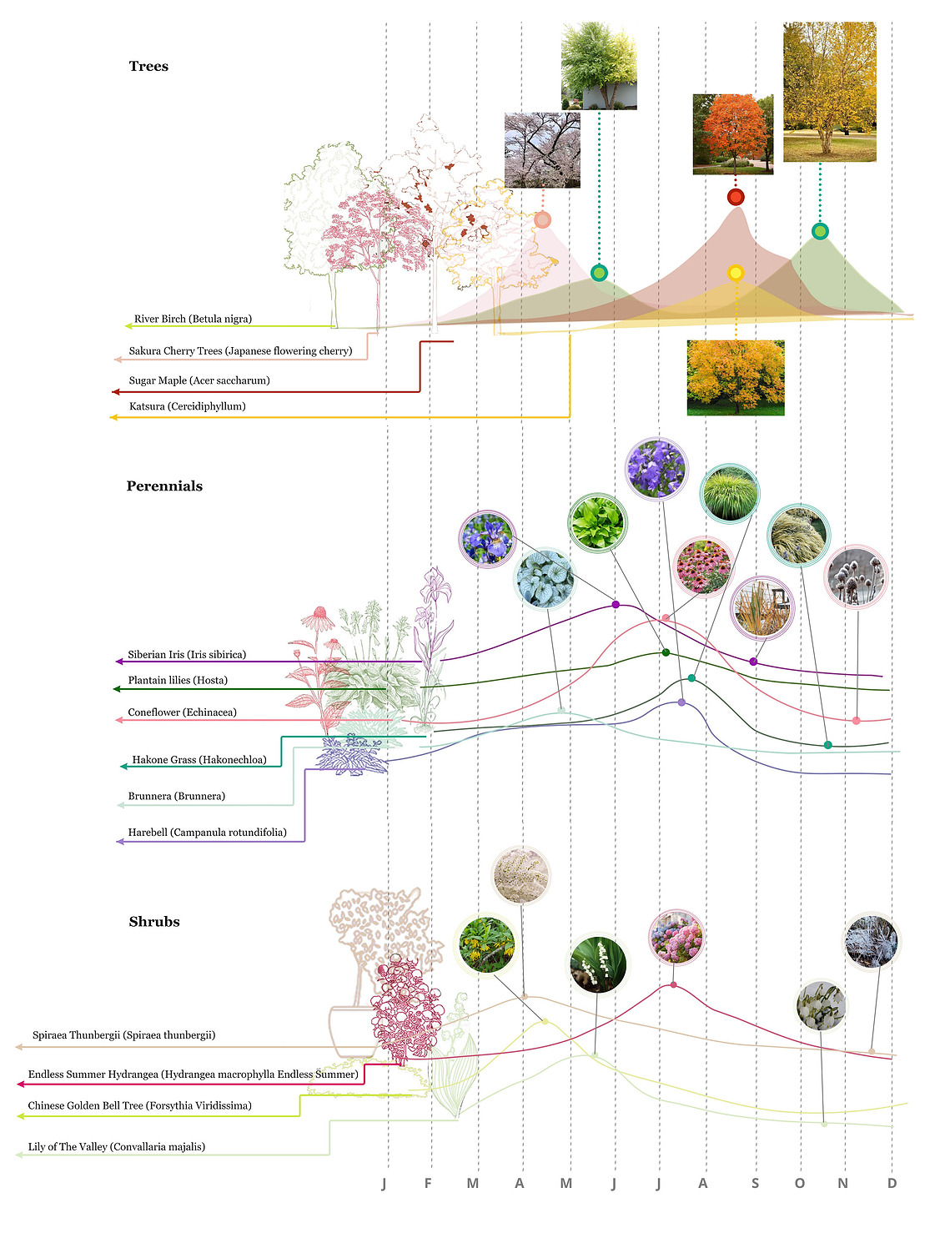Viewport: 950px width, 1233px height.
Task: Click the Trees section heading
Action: click(148, 67)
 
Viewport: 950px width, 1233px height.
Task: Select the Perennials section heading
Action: click(164, 486)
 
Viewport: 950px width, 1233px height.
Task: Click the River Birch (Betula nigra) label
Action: click(193, 319)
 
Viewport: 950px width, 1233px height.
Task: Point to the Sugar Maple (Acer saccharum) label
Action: click(199, 380)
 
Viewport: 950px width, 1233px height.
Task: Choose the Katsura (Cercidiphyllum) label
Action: click(187, 406)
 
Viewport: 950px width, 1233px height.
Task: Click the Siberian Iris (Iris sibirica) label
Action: click(187, 654)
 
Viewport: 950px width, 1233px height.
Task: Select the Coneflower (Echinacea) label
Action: click(182, 712)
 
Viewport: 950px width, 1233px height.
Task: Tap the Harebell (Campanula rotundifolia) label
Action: click(207, 833)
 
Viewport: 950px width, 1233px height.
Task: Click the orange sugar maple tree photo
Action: click(733, 134)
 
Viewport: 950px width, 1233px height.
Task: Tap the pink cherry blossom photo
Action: click(542, 150)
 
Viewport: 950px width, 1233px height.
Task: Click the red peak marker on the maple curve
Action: click(736, 197)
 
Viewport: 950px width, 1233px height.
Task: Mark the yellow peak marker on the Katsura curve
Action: click(736, 274)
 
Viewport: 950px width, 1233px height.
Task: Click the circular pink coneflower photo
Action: click(703, 566)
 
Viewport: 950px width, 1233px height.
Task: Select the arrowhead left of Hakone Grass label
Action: click(123, 767)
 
